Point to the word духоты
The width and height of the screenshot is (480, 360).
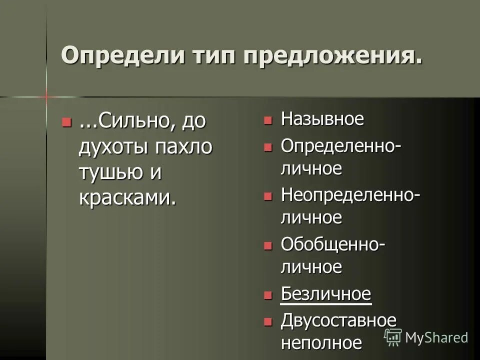tap(112, 146)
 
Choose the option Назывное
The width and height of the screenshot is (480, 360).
tap(322, 119)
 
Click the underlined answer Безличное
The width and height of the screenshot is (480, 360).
tap(325, 293)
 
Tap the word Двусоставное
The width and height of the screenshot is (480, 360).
tap(338, 319)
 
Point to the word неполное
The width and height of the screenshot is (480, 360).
tap(321, 343)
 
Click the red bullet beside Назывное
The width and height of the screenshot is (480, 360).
tap(268, 120)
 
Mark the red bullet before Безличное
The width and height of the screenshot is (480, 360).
tap(268, 295)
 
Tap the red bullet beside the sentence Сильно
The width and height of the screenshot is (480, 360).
tap(65, 121)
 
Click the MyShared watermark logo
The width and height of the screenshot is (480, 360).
tap(426, 337)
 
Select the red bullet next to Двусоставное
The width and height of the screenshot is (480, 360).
tap(268, 320)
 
